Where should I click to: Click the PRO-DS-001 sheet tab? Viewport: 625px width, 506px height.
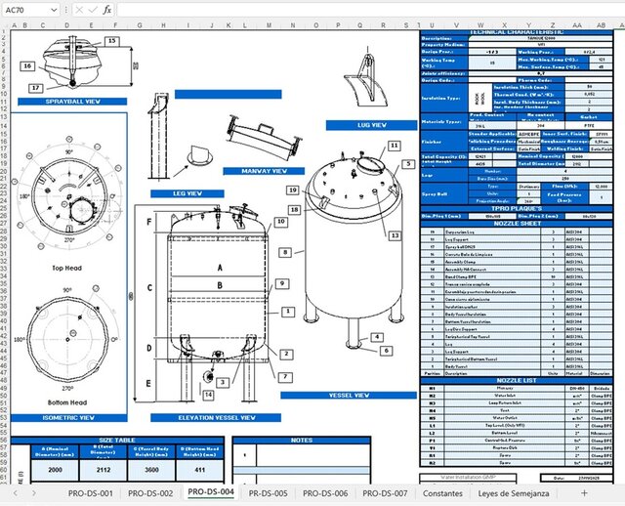pyautogui.click(x=91, y=493)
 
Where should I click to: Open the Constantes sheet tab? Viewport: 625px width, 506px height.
pyautogui.click(x=443, y=493)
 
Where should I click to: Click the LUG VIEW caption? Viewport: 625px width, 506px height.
pyautogui.click(x=371, y=126)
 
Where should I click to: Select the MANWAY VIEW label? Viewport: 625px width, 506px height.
pyautogui.click(x=254, y=170)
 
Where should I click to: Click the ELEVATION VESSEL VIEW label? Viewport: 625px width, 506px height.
pyautogui.click(x=217, y=417)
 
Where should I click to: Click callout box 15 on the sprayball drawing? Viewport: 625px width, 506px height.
pyautogui.click(x=111, y=40)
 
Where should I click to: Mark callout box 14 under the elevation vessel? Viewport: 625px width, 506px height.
pyautogui.click(x=208, y=395)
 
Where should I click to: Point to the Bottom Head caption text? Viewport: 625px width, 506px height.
pyautogui.click(x=71, y=402)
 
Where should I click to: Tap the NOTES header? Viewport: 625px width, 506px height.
pyautogui.click(x=302, y=440)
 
